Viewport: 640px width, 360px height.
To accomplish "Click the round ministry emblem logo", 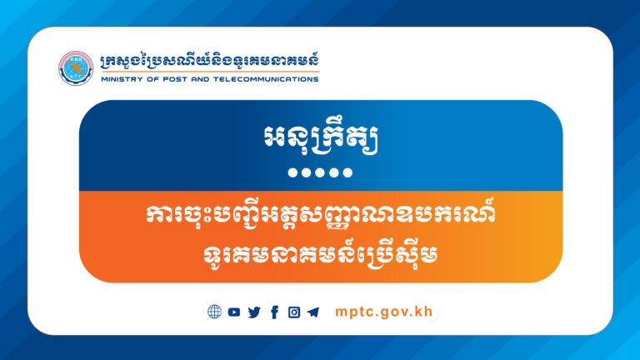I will point(75,67).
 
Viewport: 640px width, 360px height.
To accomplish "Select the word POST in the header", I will point(169,80).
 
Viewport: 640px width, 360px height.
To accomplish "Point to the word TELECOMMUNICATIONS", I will point(266,80).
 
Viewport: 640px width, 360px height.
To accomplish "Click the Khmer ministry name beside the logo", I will point(208,61).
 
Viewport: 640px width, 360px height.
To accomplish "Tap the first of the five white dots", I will point(291,173).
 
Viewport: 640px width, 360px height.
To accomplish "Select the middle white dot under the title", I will point(320,173).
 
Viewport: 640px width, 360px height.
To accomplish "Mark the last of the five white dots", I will point(349,173).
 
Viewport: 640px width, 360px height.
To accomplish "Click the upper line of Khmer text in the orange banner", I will point(321,214).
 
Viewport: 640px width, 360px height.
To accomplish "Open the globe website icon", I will point(214,312).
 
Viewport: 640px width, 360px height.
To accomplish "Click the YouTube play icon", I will point(234,312).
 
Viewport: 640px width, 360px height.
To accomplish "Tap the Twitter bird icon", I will point(254,312).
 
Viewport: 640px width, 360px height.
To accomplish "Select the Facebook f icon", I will point(274,312).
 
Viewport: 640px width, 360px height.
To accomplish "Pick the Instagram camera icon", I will point(294,312).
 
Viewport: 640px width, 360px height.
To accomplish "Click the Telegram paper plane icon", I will point(313,312).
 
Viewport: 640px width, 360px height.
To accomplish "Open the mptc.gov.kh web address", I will point(384,312).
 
